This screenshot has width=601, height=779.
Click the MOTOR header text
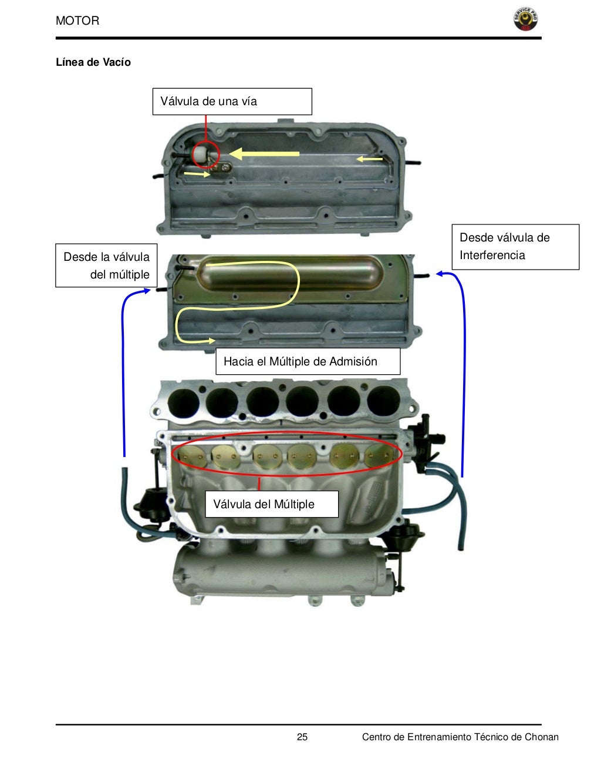(77, 21)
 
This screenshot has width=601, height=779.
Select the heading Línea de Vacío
(93, 62)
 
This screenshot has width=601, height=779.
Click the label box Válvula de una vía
(232, 102)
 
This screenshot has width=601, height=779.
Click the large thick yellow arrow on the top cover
(264, 154)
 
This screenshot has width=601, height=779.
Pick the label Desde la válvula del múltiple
(106, 266)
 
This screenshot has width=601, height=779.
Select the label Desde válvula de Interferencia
(515, 247)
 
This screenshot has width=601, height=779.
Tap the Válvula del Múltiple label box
(271, 504)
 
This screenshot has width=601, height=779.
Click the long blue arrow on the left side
(124, 370)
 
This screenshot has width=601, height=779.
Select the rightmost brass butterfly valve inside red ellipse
(379, 455)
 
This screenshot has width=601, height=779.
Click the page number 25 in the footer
(302, 737)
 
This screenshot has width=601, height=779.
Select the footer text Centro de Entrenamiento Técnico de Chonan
(460, 737)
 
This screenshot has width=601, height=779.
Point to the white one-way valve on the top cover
(201, 155)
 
